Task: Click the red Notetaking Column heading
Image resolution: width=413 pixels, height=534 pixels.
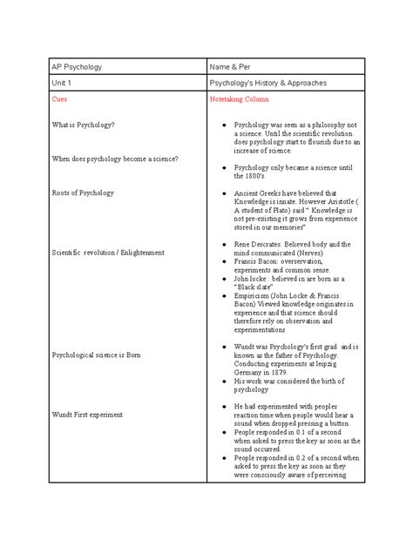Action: (241, 100)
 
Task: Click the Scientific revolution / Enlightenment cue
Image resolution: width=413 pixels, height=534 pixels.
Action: (108, 252)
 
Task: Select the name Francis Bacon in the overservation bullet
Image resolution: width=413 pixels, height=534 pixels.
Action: (256, 260)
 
